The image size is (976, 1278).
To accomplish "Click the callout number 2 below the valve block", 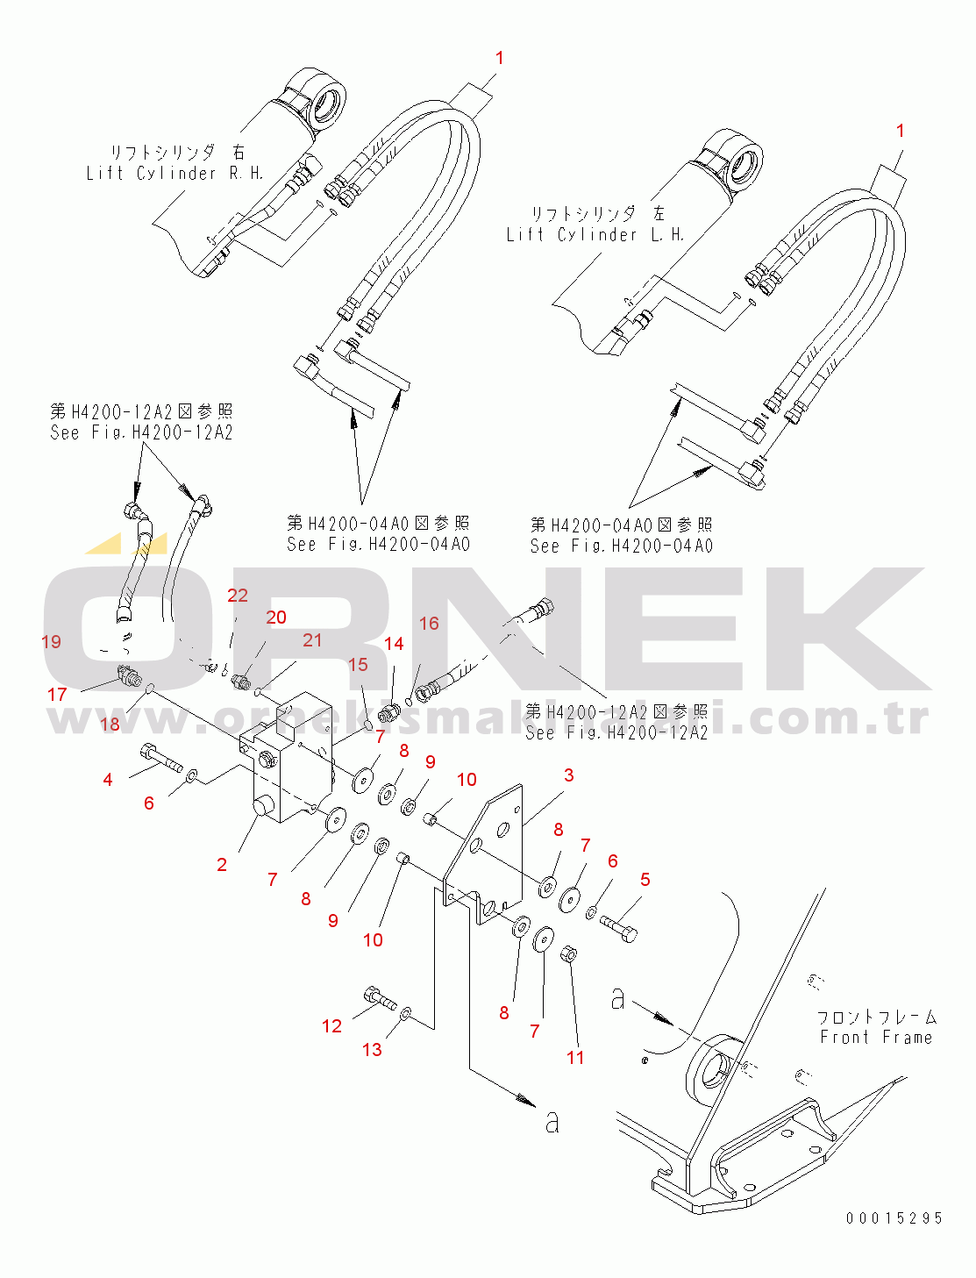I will coord(222,865).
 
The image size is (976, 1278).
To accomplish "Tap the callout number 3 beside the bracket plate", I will coord(569,775).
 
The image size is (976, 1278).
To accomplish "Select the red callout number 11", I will coord(575,1058).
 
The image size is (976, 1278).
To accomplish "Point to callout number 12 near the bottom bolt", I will coord(331,1026).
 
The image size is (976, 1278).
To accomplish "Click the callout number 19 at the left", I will coord(52,642).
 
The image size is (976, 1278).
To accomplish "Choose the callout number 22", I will coord(238,596).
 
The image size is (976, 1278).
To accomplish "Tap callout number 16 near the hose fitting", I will coord(429,624).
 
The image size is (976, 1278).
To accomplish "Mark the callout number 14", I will coord(394,644).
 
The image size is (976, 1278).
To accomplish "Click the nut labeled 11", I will coord(568,953).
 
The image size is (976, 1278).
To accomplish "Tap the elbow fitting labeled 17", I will coord(128,676).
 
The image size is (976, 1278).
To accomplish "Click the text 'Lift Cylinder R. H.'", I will coord(175,174).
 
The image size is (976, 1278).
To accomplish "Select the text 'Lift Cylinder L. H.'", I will coord(595,235).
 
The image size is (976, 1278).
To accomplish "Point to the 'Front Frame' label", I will coord(876,1038).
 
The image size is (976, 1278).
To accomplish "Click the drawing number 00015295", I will coord(894,1218).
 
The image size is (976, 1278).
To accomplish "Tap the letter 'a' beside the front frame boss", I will coord(618,998).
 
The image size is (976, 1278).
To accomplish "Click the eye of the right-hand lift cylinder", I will coord(331,101).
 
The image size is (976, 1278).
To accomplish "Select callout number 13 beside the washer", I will coord(372,1050).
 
